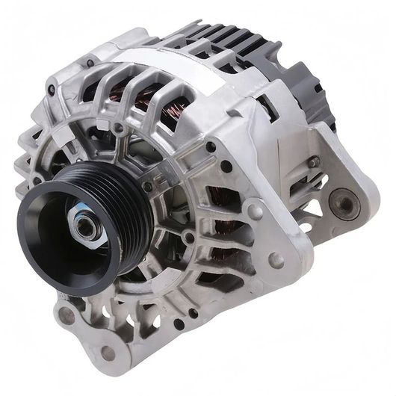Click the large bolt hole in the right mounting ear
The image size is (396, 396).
(345, 201)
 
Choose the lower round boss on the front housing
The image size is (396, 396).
(276, 260)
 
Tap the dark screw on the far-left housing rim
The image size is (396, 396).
(50, 90)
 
